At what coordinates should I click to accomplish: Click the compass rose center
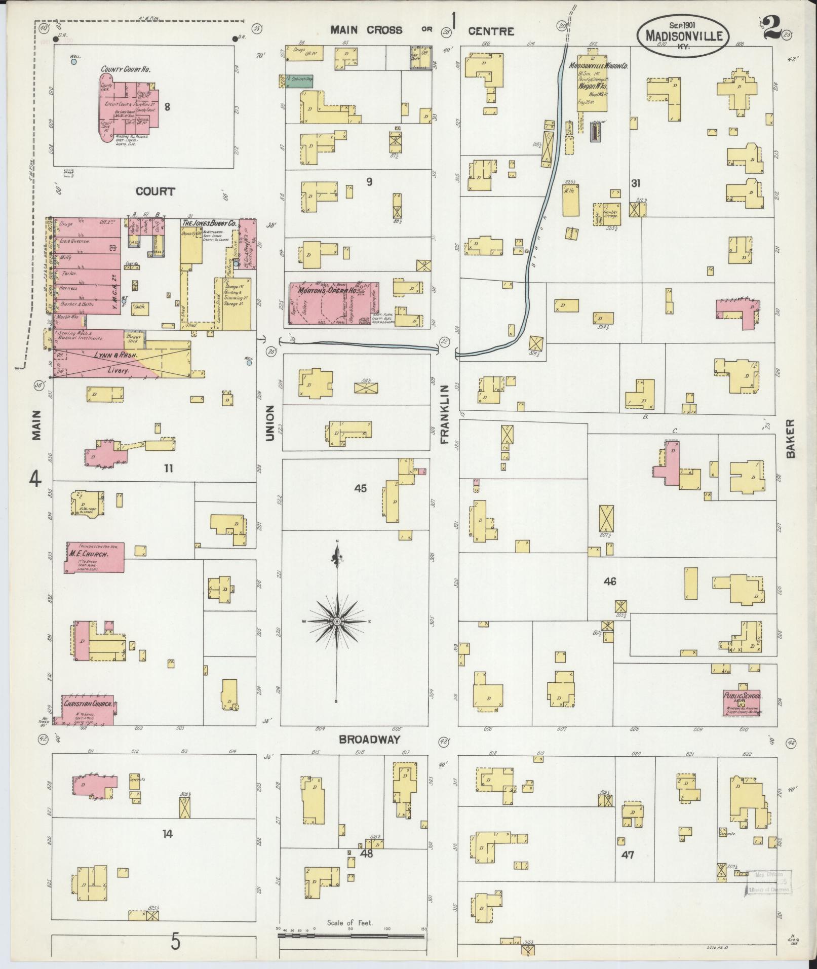(x=336, y=621)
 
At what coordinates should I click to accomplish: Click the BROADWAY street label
(x=370, y=740)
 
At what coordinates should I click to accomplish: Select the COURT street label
(x=155, y=191)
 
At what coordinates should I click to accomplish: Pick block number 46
(x=610, y=582)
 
